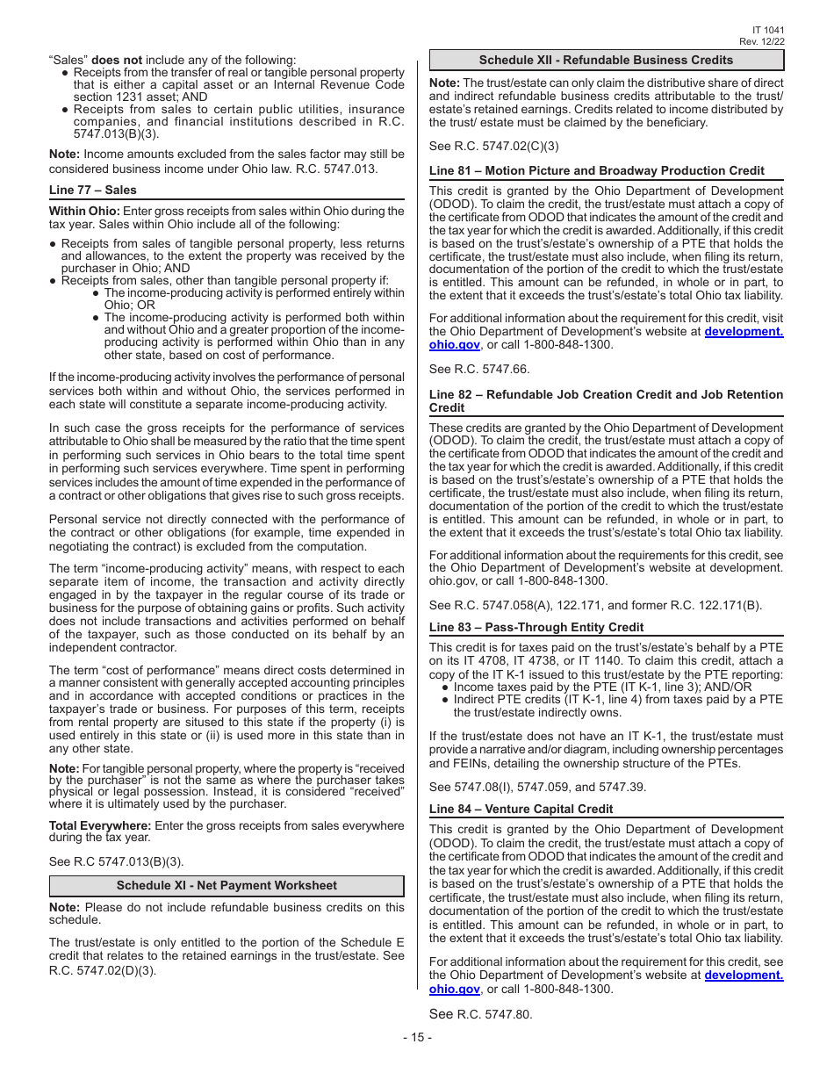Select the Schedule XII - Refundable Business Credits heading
pos(606,60)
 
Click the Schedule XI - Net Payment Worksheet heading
pos(226,885)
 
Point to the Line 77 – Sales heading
pos(93,190)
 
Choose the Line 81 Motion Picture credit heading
pos(596,170)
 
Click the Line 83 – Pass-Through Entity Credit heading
pos(536,627)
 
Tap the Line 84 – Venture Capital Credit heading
pos(521,809)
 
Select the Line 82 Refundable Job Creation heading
pos(606,401)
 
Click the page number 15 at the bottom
pos(417,1037)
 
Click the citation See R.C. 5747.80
pos(480,1014)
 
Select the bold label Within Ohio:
pos(84,211)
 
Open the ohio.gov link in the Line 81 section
pos(454,345)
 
